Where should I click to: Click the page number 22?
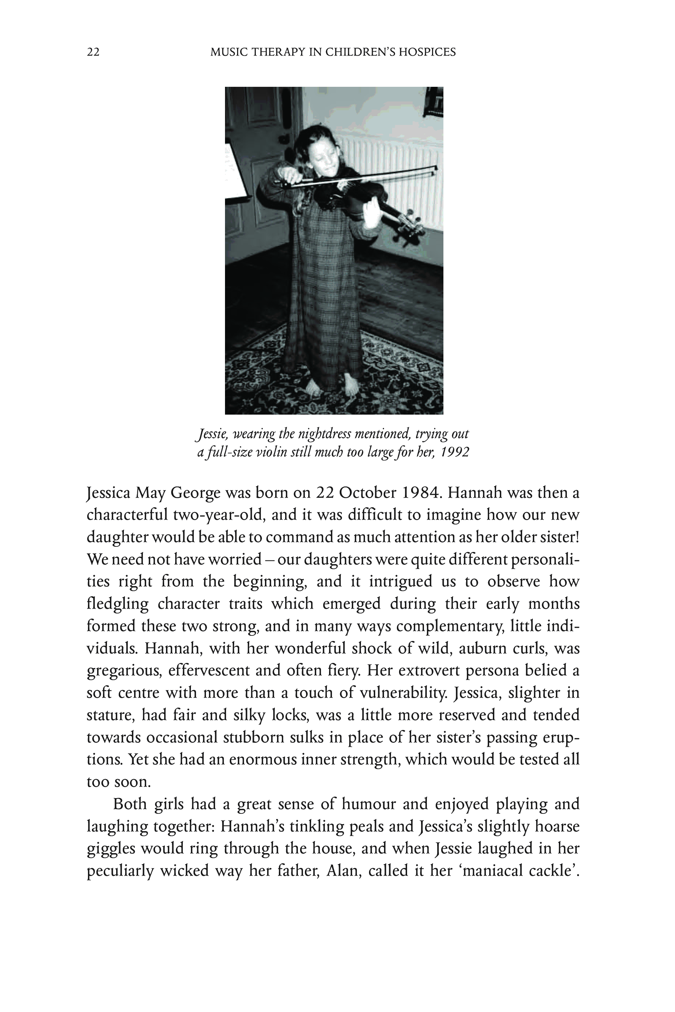coord(93,52)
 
